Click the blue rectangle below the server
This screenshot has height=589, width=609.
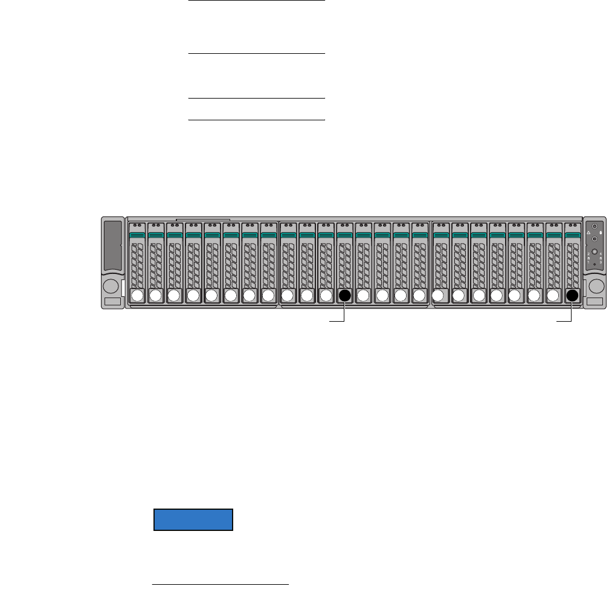pos(193,520)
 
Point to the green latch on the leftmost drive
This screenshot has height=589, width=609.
pos(137,235)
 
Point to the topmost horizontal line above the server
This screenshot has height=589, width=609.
pos(257,1)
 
